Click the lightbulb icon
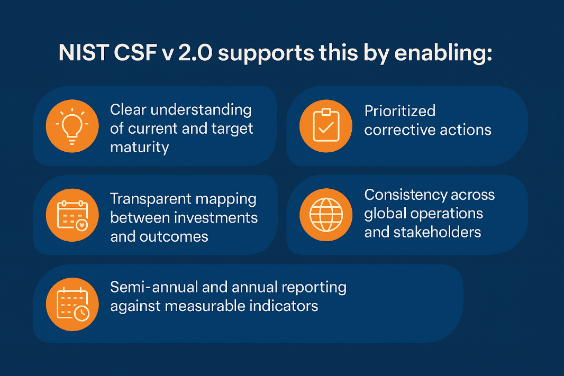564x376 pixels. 71,126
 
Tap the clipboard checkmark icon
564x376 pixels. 325,126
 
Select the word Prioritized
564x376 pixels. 400,111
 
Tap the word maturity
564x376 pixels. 140,146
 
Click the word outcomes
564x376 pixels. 174,236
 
